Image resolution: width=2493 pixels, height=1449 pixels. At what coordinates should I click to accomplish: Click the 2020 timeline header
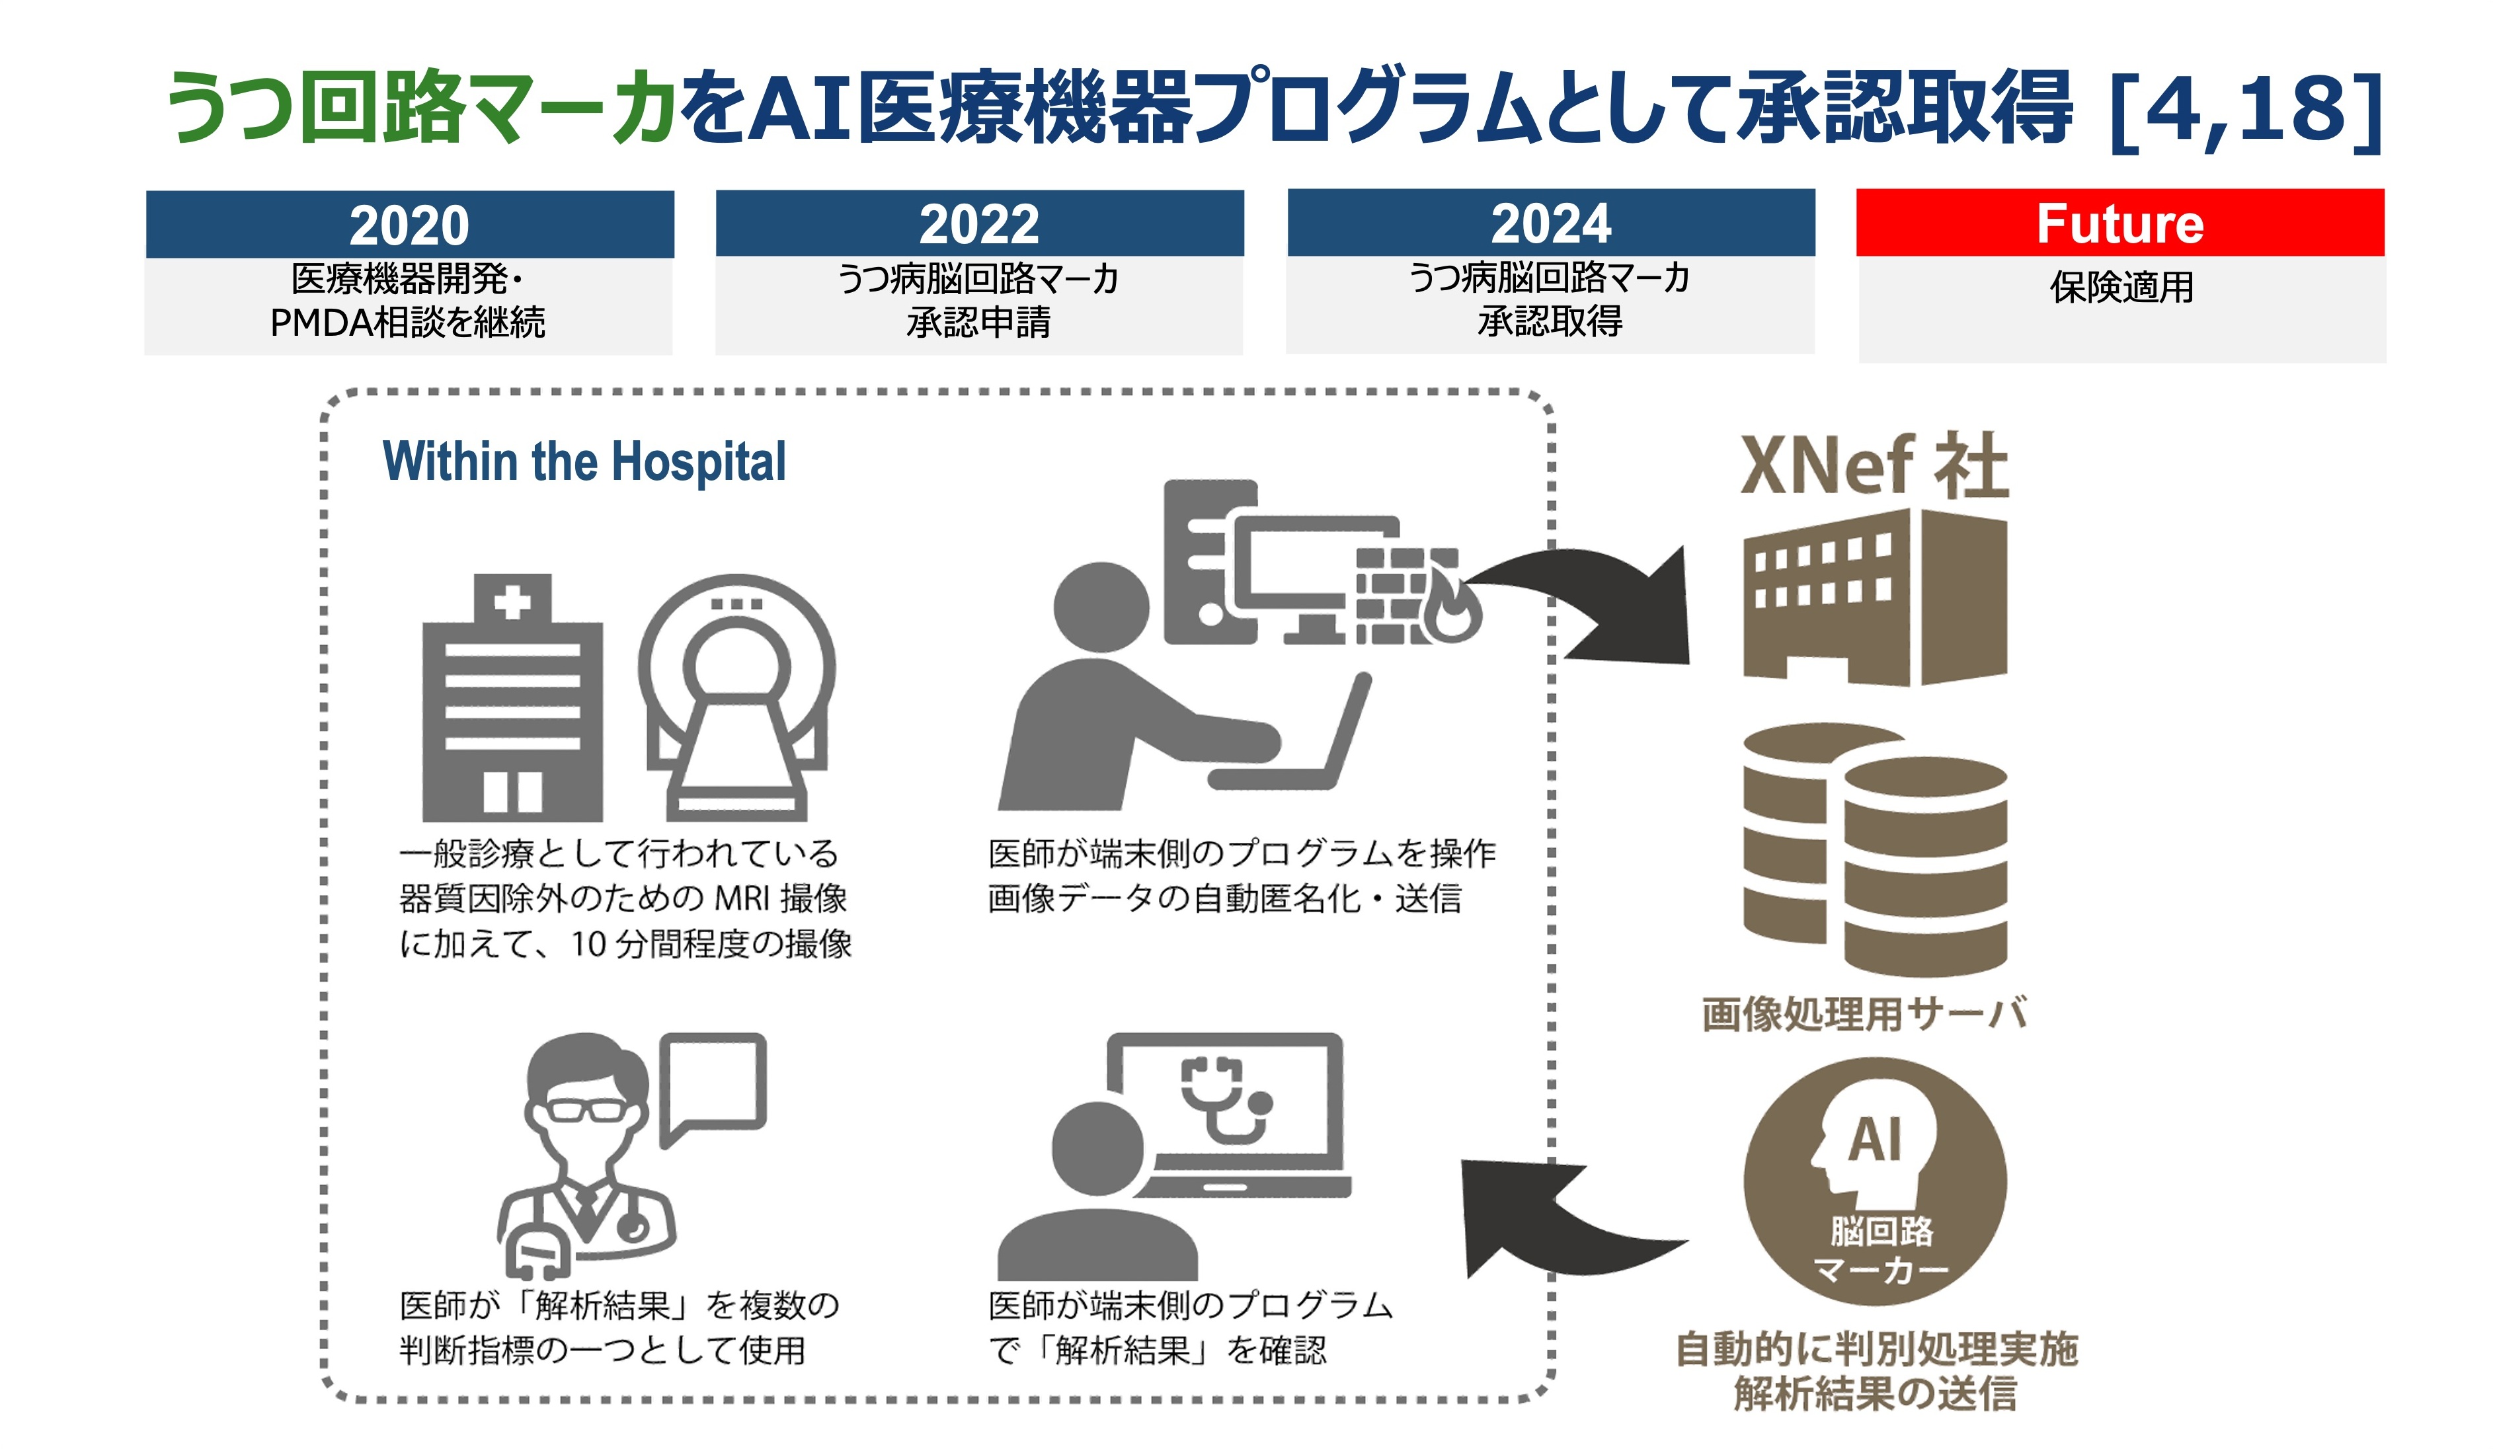coord(410,225)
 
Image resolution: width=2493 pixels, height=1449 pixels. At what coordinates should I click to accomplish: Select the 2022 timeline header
coord(979,223)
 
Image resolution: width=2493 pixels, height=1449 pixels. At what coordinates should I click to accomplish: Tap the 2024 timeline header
coord(1551,223)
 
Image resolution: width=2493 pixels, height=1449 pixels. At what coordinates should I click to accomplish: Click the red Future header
coord(2120,223)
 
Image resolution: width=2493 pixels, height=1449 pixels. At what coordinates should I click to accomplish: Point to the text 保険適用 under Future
coord(2121,287)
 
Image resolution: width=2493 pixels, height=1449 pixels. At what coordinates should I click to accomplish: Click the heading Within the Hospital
coord(584,462)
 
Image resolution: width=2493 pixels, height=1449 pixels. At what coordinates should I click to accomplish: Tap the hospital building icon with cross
coord(512,697)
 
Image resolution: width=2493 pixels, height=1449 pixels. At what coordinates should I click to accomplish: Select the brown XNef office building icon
coord(1875,596)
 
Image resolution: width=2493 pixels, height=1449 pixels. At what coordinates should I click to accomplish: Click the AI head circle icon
coord(1875,1182)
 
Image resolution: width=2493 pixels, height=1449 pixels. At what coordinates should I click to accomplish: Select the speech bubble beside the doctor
coord(712,1086)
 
